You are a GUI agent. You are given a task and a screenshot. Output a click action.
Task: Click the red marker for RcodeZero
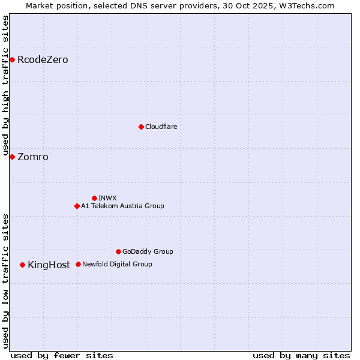tap(12, 59)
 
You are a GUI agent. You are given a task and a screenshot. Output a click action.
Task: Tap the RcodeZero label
tap(43, 60)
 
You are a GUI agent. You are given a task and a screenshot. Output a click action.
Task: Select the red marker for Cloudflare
tap(141, 127)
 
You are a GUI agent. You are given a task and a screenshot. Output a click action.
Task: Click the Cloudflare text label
tap(161, 127)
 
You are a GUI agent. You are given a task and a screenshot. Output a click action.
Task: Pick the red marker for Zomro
tap(12, 157)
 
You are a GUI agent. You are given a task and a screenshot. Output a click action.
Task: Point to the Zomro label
tap(33, 157)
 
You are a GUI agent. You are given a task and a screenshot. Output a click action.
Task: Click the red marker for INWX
tap(94, 198)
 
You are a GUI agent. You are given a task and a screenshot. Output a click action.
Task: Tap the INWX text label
tap(107, 199)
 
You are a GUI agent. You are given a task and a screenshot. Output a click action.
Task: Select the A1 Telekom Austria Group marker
tap(77, 206)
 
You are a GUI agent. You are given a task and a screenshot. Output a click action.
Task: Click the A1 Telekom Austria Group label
tap(122, 206)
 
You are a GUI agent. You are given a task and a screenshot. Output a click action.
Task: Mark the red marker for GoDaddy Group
tap(118, 251)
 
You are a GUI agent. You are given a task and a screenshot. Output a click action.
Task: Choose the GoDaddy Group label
tap(148, 252)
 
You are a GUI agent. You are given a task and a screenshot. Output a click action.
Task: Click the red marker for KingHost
tap(22, 265)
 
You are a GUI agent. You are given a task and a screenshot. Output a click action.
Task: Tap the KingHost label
tap(49, 265)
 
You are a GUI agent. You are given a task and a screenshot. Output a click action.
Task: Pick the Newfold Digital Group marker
tap(78, 264)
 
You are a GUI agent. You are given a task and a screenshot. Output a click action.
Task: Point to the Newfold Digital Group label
tap(117, 265)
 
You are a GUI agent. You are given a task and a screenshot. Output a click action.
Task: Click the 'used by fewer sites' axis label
tap(62, 355)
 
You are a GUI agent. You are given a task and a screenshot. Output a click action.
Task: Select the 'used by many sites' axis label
tap(301, 355)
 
